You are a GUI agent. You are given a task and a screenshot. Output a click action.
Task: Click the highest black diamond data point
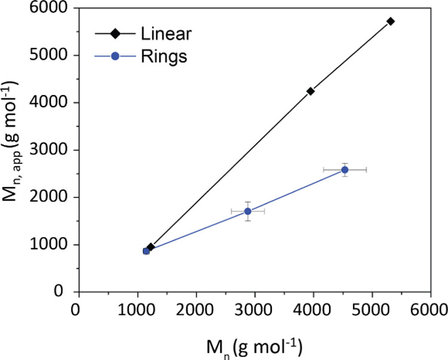(391, 21)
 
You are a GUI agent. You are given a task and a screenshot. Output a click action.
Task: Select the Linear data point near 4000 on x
(311, 91)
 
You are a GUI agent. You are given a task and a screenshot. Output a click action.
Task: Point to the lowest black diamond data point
(151, 247)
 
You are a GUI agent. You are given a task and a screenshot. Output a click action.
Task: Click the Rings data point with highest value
(345, 170)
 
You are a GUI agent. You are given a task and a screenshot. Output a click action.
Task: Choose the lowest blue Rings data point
(146, 251)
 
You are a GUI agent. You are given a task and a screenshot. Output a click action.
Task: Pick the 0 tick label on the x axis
(76, 310)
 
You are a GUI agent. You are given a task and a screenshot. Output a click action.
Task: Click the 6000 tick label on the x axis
(431, 310)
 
